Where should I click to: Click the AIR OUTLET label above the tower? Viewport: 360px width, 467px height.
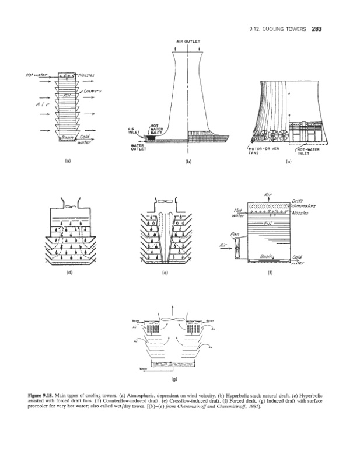(188, 41)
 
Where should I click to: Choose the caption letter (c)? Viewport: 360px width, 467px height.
(288, 163)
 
